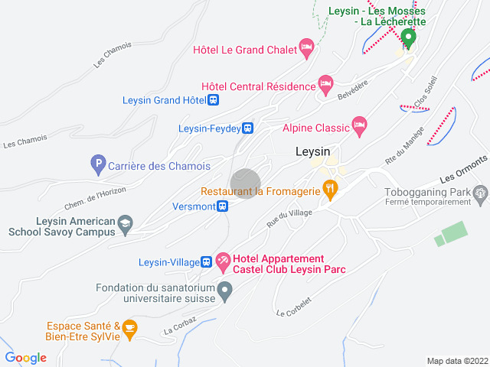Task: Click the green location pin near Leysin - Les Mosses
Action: click(x=408, y=37)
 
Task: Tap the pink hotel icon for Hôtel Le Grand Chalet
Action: click(x=307, y=48)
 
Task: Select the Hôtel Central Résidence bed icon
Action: click(x=326, y=83)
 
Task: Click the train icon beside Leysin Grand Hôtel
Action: click(x=214, y=99)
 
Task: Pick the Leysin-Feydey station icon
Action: click(x=248, y=128)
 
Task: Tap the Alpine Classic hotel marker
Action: click(x=359, y=124)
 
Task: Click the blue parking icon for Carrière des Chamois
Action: click(x=97, y=163)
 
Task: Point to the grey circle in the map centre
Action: click(x=246, y=183)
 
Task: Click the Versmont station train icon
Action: click(x=222, y=206)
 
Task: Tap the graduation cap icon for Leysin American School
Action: click(x=125, y=224)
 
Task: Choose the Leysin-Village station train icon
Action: click(x=207, y=262)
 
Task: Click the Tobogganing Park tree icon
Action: click(x=480, y=193)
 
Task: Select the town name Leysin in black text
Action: click(x=312, y=151)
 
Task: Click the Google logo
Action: click(x=26, y=358)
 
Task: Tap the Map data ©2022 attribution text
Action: click(x=456, y=361)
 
